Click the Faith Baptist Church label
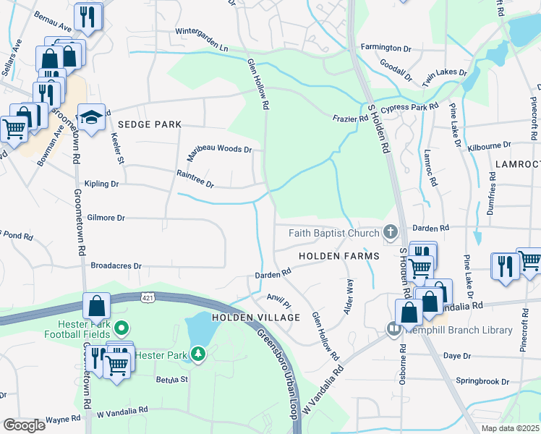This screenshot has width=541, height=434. pyautogui.click(x=333, y=233)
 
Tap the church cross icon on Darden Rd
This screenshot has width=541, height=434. pyautogui.click(x=391, y=232)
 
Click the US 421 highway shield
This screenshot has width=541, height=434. pyautogui.click(x=148, y=297)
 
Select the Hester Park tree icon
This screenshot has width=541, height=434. pyautogui.click(x=197, y=354)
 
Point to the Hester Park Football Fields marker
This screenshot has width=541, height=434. pyautogui.click(x=122, y=329)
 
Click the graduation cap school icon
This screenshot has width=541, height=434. pyautogui.click(x=91, y=119)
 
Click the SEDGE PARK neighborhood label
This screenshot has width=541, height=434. pyautogui.click(x=150, y=125)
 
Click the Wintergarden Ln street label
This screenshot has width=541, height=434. pyautogui.click(x=203, y=40)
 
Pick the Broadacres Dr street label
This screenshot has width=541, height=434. pyautogui.click(x=116, y=265)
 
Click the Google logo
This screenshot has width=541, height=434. pyautogui.click(x=24, y=425)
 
